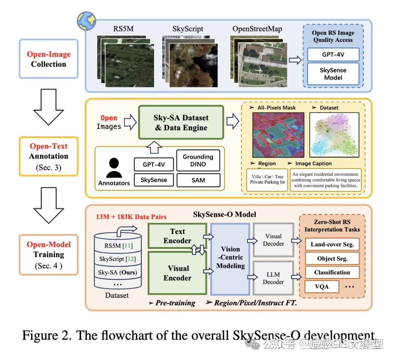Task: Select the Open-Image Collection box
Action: pyautogui.click(x=49, y=59)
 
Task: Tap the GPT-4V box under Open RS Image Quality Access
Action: pyautogui.click(x=333, y=54)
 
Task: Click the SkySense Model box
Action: pyautogui.click(x=333, y=74)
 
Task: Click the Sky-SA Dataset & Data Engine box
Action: pyautogui.click(x=181, y=122)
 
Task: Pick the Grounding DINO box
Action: pyautogui.click(x=198, y=160)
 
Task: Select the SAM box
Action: pyautogui.click(x=198, y=180)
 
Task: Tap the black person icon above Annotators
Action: pyautogui.click(x=114, y=168)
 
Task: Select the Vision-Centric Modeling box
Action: pyautogui.click(x=230, y=257)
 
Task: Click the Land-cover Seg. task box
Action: pyautogui.click(x=332, y=244)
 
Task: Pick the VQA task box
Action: pyautogui.click(x=321, y=286)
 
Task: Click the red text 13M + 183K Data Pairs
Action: pyautogui.click(x=131, y=217)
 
